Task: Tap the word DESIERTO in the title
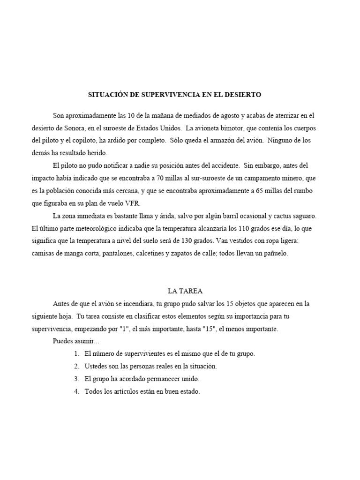[x=242, y=95]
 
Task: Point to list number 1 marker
[x=77, y=354]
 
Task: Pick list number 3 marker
[x=77, y=379]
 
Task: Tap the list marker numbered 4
[x=77, y=392]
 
